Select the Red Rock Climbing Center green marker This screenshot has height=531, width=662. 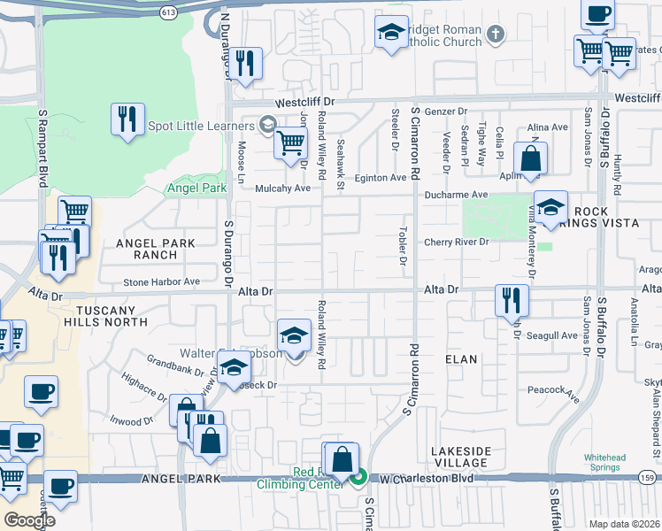tap(358, 480)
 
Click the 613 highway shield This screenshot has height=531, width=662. tap(167, 12)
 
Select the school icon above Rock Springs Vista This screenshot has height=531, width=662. tap(550, 207)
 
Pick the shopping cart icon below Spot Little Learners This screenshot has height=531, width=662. tap(290, 142)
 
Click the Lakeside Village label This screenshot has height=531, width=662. tap(460, 457)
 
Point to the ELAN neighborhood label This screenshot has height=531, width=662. tap(461, 359)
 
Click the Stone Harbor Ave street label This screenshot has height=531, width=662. tap(161, 282)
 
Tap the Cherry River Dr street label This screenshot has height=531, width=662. tap(457, 242)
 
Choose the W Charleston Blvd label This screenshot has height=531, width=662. tap(427, 479)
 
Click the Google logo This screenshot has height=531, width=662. tap(29, 520)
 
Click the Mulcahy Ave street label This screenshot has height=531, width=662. tap(283, 189)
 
